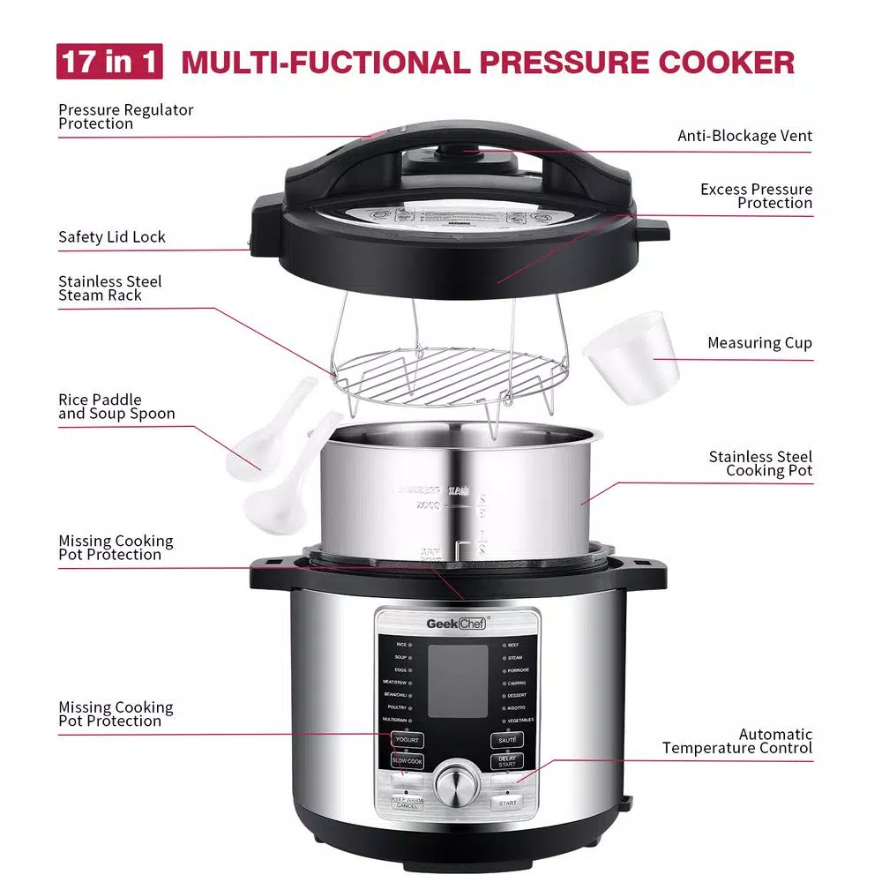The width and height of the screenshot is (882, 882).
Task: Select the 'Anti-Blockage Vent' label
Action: click(x=744, y=136)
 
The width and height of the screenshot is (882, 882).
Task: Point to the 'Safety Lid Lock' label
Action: click(x=112, y=237)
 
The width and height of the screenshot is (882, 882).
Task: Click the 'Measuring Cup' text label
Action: click(x=759, y=343)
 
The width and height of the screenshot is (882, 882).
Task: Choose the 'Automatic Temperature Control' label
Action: click(x=737, y=741)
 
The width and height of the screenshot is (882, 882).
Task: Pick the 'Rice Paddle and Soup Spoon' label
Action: click(x=116, y=407)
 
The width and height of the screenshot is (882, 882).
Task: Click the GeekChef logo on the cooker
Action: click(x=458, y=623)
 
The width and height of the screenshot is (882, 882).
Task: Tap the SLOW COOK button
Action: click(x=407, y=760)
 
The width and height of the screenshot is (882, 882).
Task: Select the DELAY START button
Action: click(x=507, y=760)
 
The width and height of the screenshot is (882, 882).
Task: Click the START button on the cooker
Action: click(x=507, y=803)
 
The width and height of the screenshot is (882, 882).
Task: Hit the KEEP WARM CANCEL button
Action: click(x=407, y=803)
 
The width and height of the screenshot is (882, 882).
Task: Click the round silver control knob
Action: click(x=457, y=781)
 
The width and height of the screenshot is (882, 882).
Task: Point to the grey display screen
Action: click(x=458, y=680)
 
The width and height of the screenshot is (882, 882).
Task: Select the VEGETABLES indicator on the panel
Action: click(x=519, y=720)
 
